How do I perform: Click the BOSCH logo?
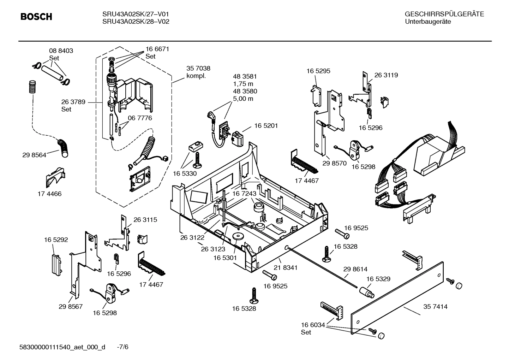click(36, 17)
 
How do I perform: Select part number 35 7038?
click(198, 69)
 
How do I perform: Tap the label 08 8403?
click(61, 51)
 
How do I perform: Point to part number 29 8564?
click(34, 155)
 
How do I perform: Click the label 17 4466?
click(49, 194)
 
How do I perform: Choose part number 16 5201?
click(266, 126)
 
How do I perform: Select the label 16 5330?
click(185, 173)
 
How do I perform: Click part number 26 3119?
click(386, 75)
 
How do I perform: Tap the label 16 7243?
click(244, 194)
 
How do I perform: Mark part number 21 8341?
click(285, 268)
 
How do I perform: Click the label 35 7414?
click(435, 307)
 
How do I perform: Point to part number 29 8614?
click(355, 269)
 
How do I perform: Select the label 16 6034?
click(313, 325)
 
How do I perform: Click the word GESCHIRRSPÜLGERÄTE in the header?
click(444, 14)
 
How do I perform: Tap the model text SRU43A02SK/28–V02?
click(136, 22)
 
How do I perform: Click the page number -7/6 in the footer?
click(122, 347)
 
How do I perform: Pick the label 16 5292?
click(56, 240)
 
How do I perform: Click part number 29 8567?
click(71, 306)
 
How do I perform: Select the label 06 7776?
click(140, 118)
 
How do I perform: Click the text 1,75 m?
click(243, 84)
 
